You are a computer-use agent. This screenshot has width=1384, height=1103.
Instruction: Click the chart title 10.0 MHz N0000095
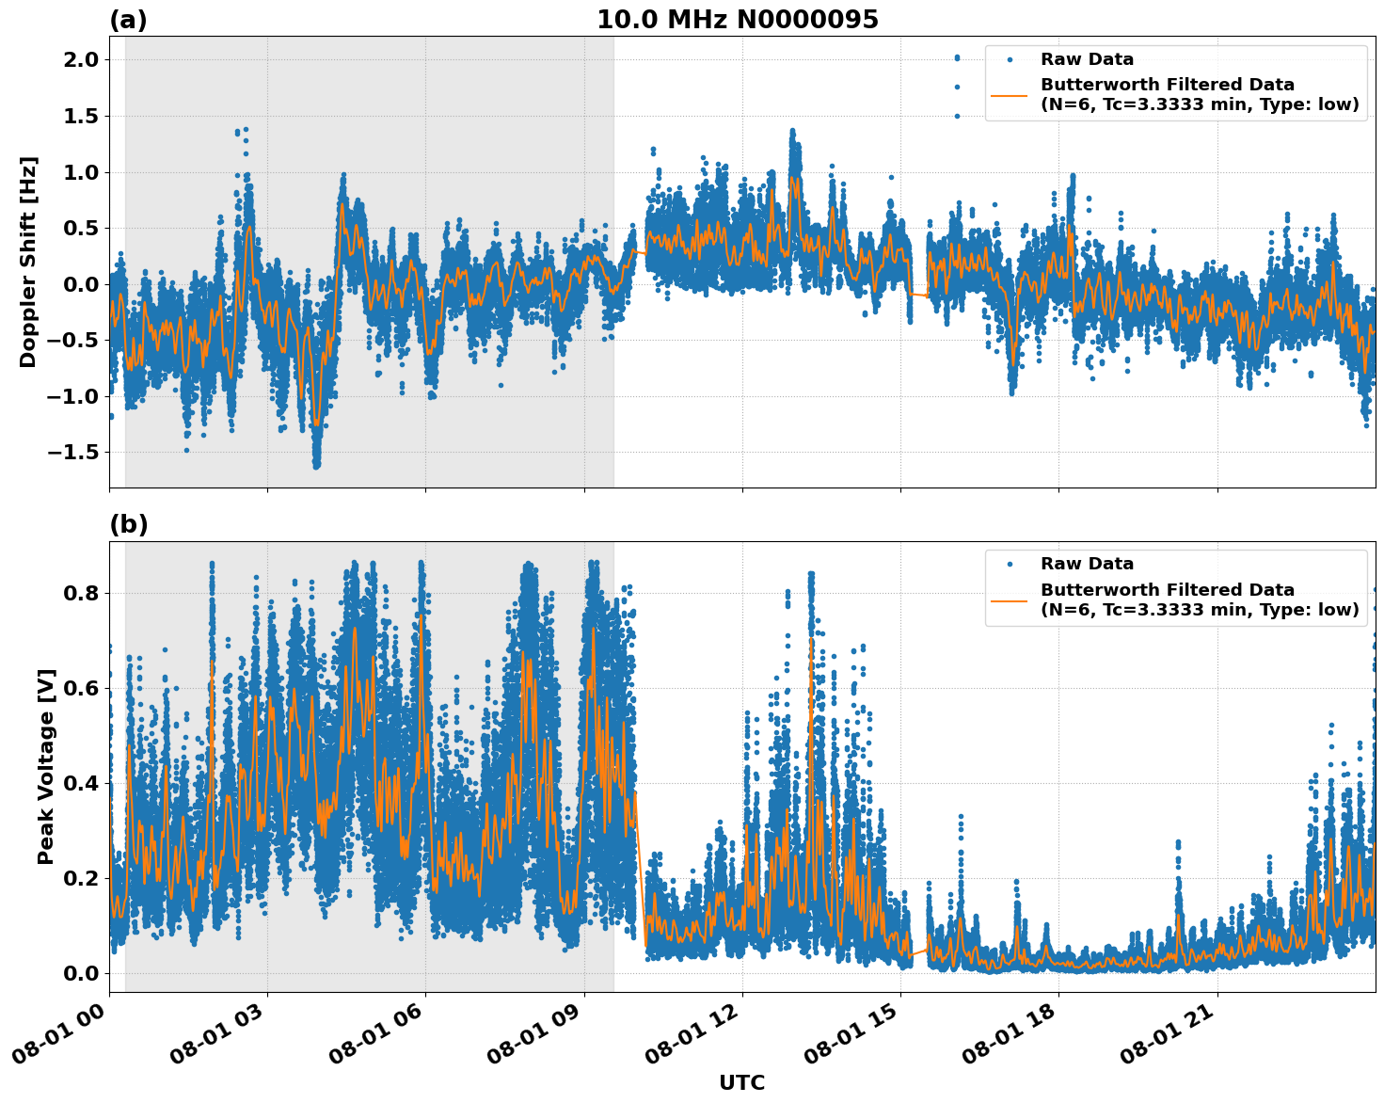[x=737, y=20]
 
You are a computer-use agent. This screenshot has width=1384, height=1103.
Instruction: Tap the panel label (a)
[x=128, y=20]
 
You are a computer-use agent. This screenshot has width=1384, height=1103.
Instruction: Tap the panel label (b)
[x=128, y=524]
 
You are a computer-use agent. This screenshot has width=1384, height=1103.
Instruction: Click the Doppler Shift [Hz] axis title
[x=28, y=262]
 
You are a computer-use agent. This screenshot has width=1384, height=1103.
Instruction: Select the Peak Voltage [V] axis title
[x=46, y=766]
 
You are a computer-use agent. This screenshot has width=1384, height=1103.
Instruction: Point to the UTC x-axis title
[x=741, y=1082]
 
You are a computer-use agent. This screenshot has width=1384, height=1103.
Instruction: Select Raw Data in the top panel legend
[x=1087, y=59]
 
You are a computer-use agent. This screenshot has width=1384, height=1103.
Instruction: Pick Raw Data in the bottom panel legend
[x=1087, y=564]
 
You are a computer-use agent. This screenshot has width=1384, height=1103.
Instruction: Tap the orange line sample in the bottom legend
[x=1010, y=599]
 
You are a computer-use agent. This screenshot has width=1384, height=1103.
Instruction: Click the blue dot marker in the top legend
[x=1010, y=59]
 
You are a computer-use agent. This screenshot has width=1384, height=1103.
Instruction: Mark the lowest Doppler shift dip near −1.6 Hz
[x=316, y=464]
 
